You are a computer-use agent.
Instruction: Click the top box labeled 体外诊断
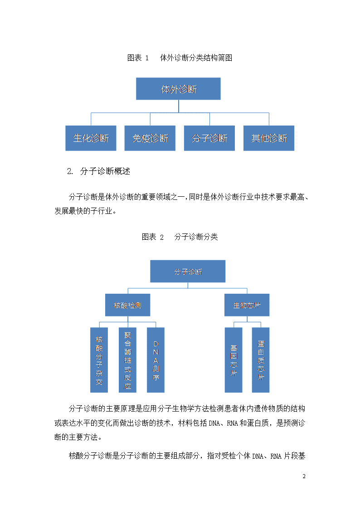pyautogui.click(x=178, y=89)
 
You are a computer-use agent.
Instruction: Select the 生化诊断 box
pyautogui.click(x=91, y=138)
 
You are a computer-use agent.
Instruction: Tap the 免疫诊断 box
pyautogui.click(x=150, y=138)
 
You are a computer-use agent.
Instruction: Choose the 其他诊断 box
pyautogui.click(x=269, y=138)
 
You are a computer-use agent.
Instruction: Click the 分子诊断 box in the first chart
pyautogui.click(x=209, y=138)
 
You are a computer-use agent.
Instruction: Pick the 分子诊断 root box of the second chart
pyautogui.click(x=188, y=271)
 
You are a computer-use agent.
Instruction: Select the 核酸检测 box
pyautogui.click(x=127, y=305)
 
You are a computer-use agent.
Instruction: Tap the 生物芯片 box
pyautogui.click(x=247, y=305)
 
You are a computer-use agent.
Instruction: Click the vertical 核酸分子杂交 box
pyautogui.click(x=99, y=360)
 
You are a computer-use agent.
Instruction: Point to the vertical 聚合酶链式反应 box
pyautogui.click(x=127, y=360)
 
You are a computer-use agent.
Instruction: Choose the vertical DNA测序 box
pyautogui.click(x=156, y=360)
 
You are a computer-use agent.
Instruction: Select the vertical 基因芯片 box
pyautogui.click(x=234, y=360)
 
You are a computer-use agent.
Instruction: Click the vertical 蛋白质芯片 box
pyautogui.click(x=261, y=360)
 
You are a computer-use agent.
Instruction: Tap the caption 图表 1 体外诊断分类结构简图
pyautogui.click(x=180, y=58)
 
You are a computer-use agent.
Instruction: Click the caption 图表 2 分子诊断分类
pyautogui.click(x=180, y=237)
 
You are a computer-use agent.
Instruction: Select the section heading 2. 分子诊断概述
pyautogui.click(x=99, y=171)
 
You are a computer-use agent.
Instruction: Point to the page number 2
pyautogui.click(x=304, y=476)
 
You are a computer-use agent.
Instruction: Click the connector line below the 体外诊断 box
pyautogui.click(x=179, y=106)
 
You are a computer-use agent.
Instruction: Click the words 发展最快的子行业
pyautogui.click(x=83, y=211)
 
